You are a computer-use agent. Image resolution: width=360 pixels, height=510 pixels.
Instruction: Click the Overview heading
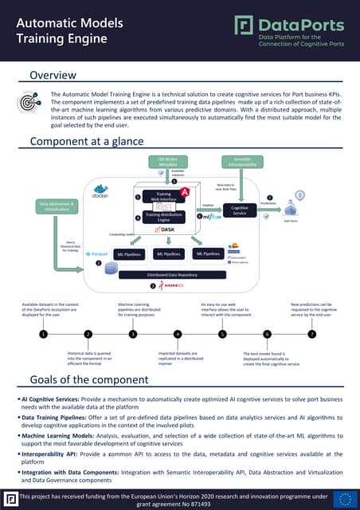53,76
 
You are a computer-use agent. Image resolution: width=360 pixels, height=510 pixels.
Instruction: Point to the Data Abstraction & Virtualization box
58,206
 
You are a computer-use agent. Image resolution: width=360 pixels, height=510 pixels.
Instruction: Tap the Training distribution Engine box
162,218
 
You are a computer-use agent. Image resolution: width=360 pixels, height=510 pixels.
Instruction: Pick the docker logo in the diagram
100,192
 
